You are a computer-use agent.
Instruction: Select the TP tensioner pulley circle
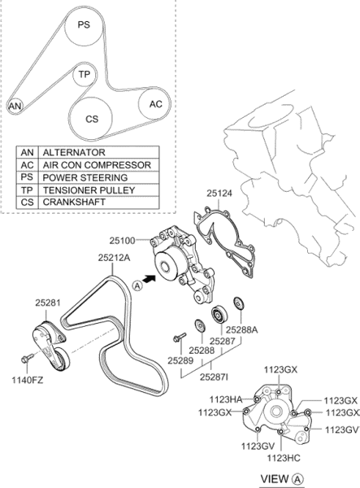[x=85, y=75]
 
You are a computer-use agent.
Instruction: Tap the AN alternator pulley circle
[x=15, y=106]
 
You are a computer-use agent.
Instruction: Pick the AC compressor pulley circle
[x=154, y=104]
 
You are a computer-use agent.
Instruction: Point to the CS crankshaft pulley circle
[x=90, y=118]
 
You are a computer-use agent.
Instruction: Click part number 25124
[x=219, y=194]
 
